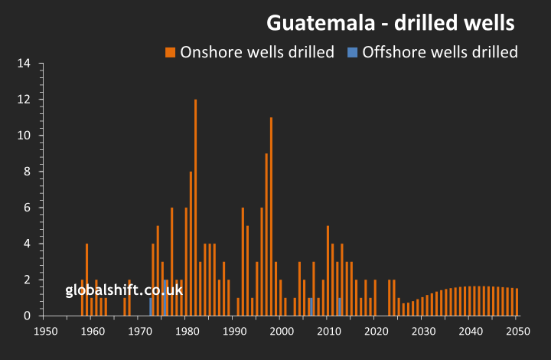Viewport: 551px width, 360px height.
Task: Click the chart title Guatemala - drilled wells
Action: (x=390, y=23)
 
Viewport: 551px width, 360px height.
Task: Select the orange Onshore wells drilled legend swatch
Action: (x=171, y=52)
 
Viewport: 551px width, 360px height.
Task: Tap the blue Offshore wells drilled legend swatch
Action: (x=352, y=52)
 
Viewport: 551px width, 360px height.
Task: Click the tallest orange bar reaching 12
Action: (x=196, y=207)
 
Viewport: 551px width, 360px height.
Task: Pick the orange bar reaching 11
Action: (x=271, y=216)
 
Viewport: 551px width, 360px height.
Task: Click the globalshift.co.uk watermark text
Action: (x=124, y=290)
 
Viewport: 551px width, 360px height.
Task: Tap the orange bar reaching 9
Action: (x=266, y=234)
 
